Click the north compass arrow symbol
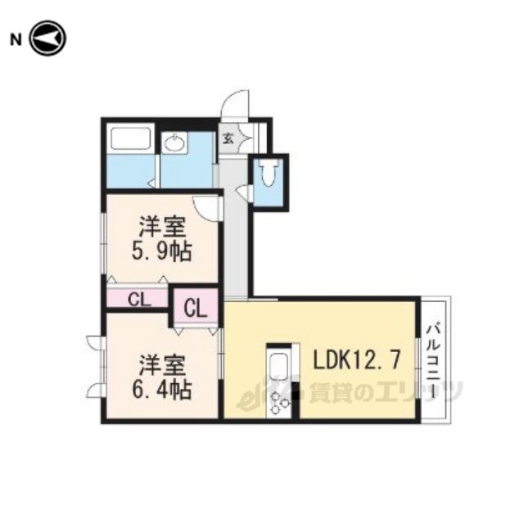[47, 38]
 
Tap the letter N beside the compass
[16, 40]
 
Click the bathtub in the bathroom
[130, 138]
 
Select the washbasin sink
[174, 143]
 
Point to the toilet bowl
[269, 172]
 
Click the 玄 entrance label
[228, 138]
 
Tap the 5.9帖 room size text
[162, 251]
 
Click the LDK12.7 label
[356, 360]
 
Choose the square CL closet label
[196, 309]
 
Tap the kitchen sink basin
[278, 367]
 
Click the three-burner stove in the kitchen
[279, 404]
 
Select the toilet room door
[245, 192]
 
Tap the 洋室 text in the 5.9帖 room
[162, 227]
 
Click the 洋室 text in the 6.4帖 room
[162, 366]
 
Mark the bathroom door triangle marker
[152, 183]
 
